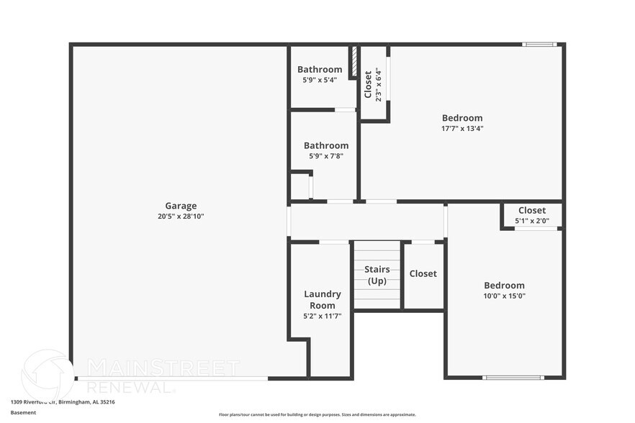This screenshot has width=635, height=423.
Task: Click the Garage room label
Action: point(181,206)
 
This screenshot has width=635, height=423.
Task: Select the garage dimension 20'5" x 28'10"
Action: point(181,216)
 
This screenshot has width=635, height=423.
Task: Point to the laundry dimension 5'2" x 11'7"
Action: point(323,316)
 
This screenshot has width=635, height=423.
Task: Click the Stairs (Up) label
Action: point(377,275)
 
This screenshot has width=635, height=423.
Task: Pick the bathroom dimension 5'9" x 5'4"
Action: point(320,80)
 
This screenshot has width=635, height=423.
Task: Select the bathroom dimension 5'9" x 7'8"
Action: point(325,155)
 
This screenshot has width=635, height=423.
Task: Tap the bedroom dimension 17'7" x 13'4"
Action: point(462,129)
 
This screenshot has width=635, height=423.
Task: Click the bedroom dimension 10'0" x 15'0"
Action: point(504,296)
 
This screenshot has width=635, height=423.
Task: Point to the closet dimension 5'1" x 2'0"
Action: point(532,221)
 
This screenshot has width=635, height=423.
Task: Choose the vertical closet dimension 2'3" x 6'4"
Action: point(378,85)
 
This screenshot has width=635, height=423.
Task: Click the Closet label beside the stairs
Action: point(423,273)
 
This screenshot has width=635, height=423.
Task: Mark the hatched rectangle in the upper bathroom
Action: point(354,62)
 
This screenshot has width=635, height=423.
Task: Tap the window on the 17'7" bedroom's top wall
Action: point(540,45)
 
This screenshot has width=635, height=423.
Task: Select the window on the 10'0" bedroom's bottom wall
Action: point(513,378)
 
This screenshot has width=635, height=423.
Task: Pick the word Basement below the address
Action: point(24,413)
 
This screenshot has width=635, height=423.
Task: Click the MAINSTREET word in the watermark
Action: point(163,368)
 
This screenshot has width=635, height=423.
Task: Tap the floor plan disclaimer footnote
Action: point(317,414)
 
